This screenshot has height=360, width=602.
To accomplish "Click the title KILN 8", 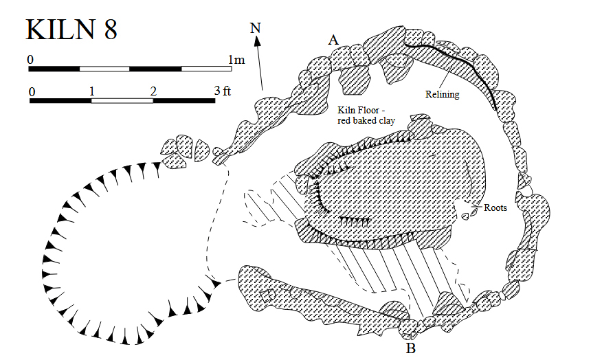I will (71, 30).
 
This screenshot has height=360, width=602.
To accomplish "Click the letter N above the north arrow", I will (256, 28).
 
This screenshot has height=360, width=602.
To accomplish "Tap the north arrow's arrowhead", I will (258, 42).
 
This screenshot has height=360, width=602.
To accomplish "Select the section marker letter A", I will (333, 41).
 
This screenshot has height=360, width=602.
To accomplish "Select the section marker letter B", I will (411, 349).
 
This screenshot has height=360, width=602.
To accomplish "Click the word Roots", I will (495, 207).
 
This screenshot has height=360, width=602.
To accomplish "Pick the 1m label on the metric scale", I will (236, 60).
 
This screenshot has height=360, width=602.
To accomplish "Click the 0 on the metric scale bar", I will (30, 60).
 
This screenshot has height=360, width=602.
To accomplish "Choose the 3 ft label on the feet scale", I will (222, 91).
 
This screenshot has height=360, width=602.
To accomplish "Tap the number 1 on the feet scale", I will (91, 91).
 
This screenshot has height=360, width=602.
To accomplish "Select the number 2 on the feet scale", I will (153, 91).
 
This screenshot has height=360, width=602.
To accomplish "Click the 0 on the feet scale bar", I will (32, 91).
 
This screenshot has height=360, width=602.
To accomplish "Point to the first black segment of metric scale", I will (54, 69).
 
